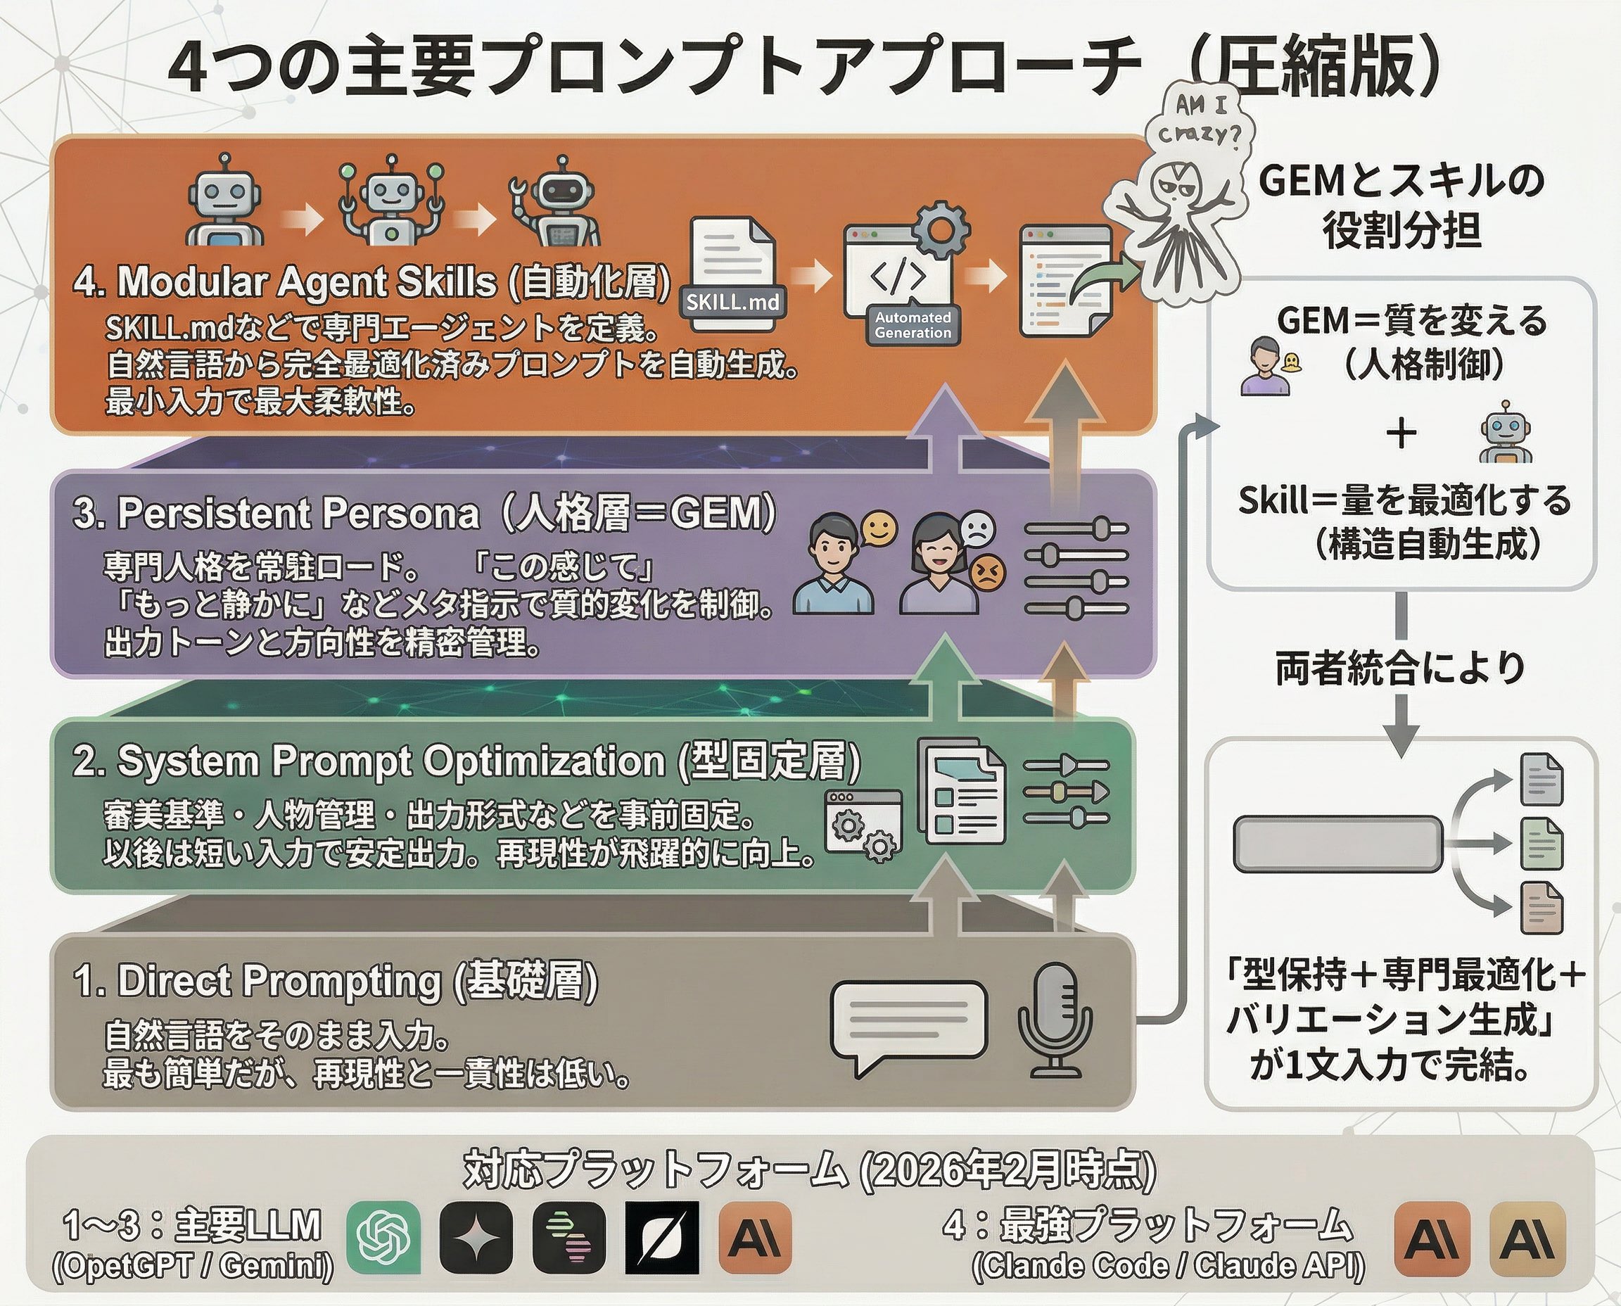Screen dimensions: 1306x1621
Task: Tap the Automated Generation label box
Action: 913,325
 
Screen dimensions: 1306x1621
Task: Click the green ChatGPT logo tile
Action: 383,1238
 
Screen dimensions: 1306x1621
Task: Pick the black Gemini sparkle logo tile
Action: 476,1238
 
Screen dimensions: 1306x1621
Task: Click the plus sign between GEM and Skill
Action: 1401,434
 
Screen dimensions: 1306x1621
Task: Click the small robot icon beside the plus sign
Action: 1505,433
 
